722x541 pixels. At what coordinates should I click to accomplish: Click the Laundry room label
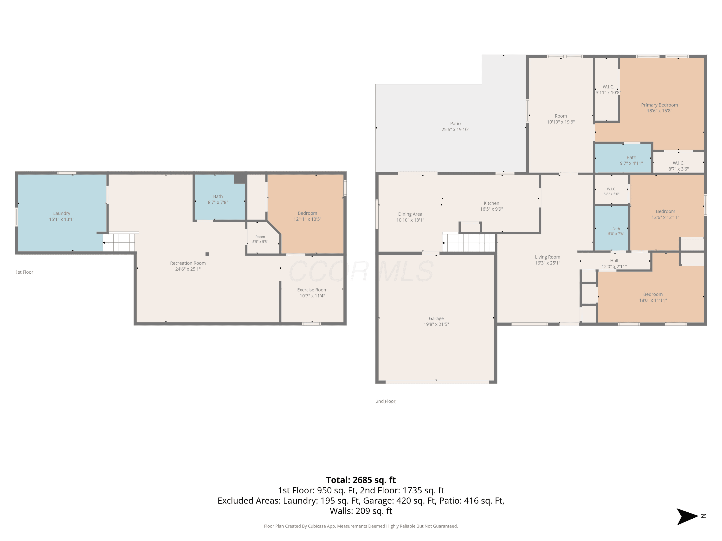pos(62,213)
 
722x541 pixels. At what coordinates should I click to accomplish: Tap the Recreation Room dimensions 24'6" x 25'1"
pos(188,269)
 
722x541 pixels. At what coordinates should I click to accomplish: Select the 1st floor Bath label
pos(218,196)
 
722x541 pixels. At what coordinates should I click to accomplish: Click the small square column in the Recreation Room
pos(207,254)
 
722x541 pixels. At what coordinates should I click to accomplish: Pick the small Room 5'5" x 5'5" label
pos(260,239)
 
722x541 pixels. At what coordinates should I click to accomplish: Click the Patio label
pos(455,124)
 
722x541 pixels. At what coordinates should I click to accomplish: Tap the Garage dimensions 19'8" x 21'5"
pos(436,324)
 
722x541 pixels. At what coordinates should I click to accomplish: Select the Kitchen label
pos(491,203)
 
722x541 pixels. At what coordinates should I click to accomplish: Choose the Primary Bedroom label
pos(659,105)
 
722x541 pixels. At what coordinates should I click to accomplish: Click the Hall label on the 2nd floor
pos(614,261)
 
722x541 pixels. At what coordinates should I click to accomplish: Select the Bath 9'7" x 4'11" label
pos(631,160)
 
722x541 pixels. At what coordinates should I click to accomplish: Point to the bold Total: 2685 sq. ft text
pos(361,480)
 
